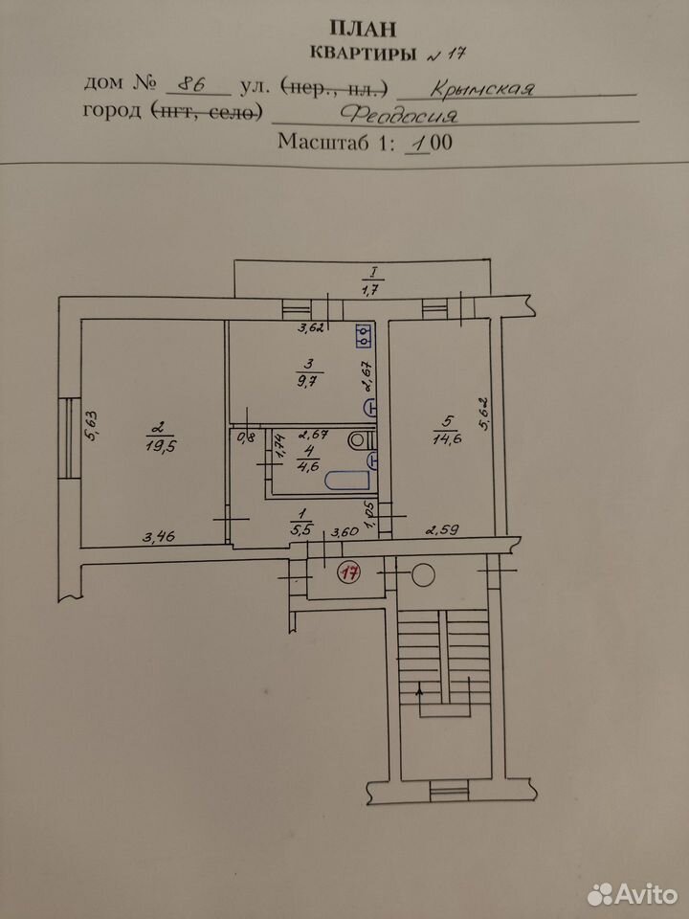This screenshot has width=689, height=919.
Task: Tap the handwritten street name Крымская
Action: (481, 88)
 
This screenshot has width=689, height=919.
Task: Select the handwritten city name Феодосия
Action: (399, 114)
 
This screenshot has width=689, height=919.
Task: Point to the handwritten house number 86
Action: (191, 84)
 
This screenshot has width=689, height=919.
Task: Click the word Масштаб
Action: (324, 142)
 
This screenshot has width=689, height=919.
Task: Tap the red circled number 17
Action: (350, 572)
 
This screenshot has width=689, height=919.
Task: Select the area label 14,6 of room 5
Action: (447, 438)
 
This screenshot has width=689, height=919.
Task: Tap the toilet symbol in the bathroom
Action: (360, 439)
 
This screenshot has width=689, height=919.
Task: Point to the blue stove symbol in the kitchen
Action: (364, 336)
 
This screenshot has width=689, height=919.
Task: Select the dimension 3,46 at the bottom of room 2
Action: (158, 536)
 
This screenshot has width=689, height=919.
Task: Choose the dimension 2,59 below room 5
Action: (442, 530)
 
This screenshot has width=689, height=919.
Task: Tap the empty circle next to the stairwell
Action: (423, 575)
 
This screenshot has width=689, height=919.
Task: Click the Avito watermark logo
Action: (633, 894)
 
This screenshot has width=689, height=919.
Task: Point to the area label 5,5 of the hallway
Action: (301, 527)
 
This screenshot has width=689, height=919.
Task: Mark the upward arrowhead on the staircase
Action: (419, 690)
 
